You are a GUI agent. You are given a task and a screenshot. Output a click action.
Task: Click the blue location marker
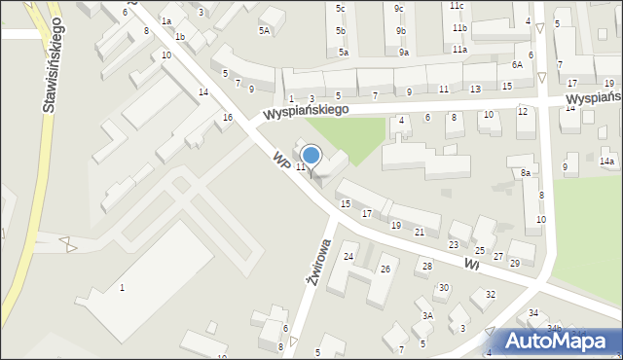point(311,156)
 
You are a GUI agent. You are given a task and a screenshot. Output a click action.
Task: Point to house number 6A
point(517,64)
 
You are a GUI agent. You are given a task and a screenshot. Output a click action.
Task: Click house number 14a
point(607,161)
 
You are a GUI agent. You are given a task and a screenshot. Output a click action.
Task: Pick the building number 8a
point(526,172)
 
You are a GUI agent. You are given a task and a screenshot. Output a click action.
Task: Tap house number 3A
point(426,315)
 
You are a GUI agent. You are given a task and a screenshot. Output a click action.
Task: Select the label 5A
point(264,30)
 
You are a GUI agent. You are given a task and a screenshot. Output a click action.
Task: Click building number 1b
point(180,37)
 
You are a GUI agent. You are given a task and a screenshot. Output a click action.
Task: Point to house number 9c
point(399,8)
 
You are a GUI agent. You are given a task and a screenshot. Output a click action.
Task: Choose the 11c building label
point(457,5)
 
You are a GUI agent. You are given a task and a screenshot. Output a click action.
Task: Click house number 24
point(348,256)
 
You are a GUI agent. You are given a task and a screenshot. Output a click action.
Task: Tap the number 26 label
point(385,269)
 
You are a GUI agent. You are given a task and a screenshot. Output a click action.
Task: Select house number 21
point(420,232)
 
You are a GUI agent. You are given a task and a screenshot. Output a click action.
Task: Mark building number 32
point(491,294)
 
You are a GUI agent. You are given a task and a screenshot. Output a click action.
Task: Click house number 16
point(228,117)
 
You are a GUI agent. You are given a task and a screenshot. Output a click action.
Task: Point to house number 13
point(474,89)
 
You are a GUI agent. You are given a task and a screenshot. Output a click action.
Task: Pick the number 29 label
point(515,264)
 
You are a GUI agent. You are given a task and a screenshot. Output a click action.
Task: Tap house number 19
point(395,225)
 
